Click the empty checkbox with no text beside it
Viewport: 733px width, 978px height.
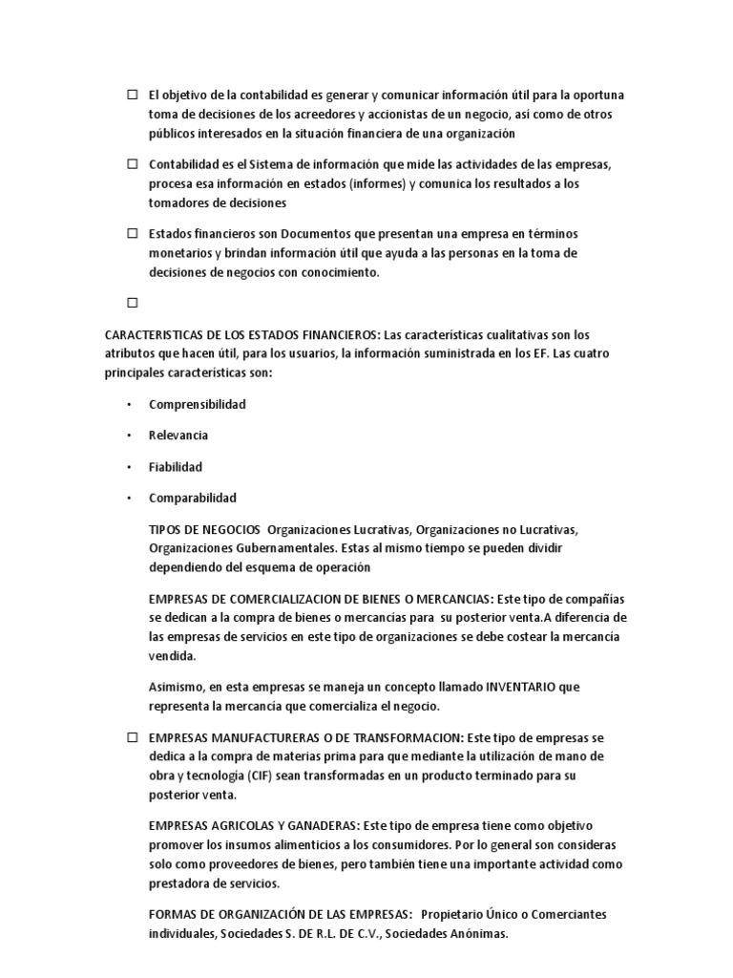point(132,303)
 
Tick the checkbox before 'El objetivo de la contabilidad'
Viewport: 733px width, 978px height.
point(132,95)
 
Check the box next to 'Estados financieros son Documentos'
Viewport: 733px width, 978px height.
point(132,234)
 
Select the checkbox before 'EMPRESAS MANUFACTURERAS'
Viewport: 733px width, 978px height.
point(132,738)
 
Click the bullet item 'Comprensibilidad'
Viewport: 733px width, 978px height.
point(197,404)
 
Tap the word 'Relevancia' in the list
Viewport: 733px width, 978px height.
point(178,436)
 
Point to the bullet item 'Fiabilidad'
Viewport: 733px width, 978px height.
point(176,467)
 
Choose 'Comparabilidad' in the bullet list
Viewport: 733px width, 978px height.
point(193,498)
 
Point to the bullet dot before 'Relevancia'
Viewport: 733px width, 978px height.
point(129,436)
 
